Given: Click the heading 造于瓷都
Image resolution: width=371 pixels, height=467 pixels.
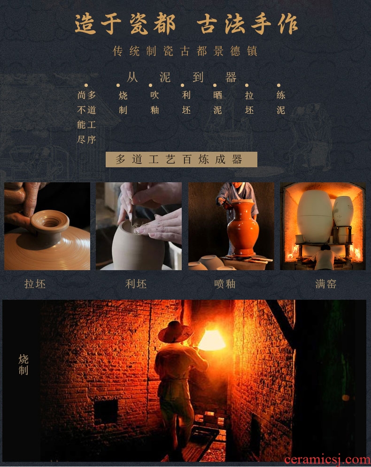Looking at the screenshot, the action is click(x=125, y=24).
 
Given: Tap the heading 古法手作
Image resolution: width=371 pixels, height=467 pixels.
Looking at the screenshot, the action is click(x=247, y=24).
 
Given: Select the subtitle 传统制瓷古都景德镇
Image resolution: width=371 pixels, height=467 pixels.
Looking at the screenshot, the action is click(x=185, y=51).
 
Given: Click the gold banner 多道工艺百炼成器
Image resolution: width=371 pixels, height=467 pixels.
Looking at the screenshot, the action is click(x=181, y=159).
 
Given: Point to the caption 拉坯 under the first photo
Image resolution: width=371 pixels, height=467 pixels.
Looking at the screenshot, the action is click(x=35, y=284).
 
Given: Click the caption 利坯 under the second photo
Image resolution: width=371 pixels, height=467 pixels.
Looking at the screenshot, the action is click(x=136, y=284).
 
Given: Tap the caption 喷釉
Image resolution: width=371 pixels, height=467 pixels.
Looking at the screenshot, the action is click(x=225, y=284).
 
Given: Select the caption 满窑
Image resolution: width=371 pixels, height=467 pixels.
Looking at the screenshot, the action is click(x=326, y=284).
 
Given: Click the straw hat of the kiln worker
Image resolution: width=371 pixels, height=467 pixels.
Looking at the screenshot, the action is click(x=176, y=332).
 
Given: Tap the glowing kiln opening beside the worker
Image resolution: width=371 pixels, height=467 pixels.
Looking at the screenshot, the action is click(x=212, y=340).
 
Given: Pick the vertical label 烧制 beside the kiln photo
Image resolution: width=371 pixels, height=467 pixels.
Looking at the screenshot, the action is click(x=23, y=365).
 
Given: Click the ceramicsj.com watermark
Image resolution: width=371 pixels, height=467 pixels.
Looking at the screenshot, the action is click(x=327, y=459).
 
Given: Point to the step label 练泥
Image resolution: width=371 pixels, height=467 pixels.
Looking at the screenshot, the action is click(x=281, y=102).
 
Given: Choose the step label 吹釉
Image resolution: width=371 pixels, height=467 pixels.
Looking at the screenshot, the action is click(x=155, y=102).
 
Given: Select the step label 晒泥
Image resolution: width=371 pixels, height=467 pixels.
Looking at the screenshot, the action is click(x=217, y=102).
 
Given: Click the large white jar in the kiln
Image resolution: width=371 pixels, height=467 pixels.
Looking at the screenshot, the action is click(x=315, y=216).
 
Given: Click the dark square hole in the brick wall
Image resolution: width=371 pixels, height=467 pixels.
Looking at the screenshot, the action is click(x=106, y=412).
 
